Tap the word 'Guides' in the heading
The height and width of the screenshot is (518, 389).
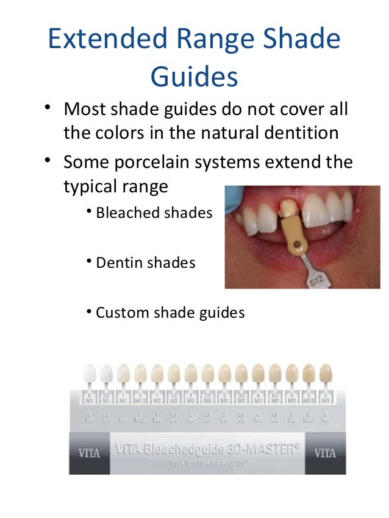pos(194,77)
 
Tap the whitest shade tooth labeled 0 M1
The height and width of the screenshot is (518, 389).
pos(90,373)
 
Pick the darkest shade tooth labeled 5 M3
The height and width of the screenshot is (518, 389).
pos(326,373)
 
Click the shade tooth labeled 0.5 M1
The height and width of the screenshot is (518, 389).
pos(107,373)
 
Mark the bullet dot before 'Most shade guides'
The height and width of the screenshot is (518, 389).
pos(46,108)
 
